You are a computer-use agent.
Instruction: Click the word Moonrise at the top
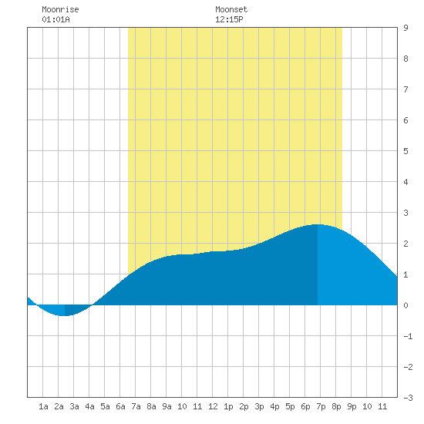(60, 9)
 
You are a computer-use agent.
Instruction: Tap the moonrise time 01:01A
(56, 19)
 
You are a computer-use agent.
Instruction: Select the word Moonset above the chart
(231, 9)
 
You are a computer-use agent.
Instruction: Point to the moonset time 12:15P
(229, 19)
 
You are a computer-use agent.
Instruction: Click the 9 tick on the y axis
(405, 28)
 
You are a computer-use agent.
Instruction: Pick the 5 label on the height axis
(405, 151)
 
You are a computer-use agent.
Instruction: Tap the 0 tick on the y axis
(405, 305)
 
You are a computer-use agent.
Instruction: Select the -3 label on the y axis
(408, 398)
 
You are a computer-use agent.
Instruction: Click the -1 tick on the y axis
(408, 336)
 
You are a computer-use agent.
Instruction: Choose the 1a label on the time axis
(43, 406)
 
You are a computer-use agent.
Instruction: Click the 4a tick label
(89, 406)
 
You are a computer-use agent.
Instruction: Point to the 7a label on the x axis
(136, 406)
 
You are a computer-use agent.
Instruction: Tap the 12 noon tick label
(213, 406)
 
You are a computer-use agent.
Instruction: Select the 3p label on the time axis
(259, 406)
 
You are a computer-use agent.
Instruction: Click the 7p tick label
(321, 406)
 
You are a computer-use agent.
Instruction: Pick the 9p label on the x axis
(352, 406)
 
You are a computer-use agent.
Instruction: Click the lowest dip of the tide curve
(64, 315)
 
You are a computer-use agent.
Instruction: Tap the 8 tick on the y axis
(405, 59)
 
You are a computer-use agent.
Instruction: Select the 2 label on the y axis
(405, 244)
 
